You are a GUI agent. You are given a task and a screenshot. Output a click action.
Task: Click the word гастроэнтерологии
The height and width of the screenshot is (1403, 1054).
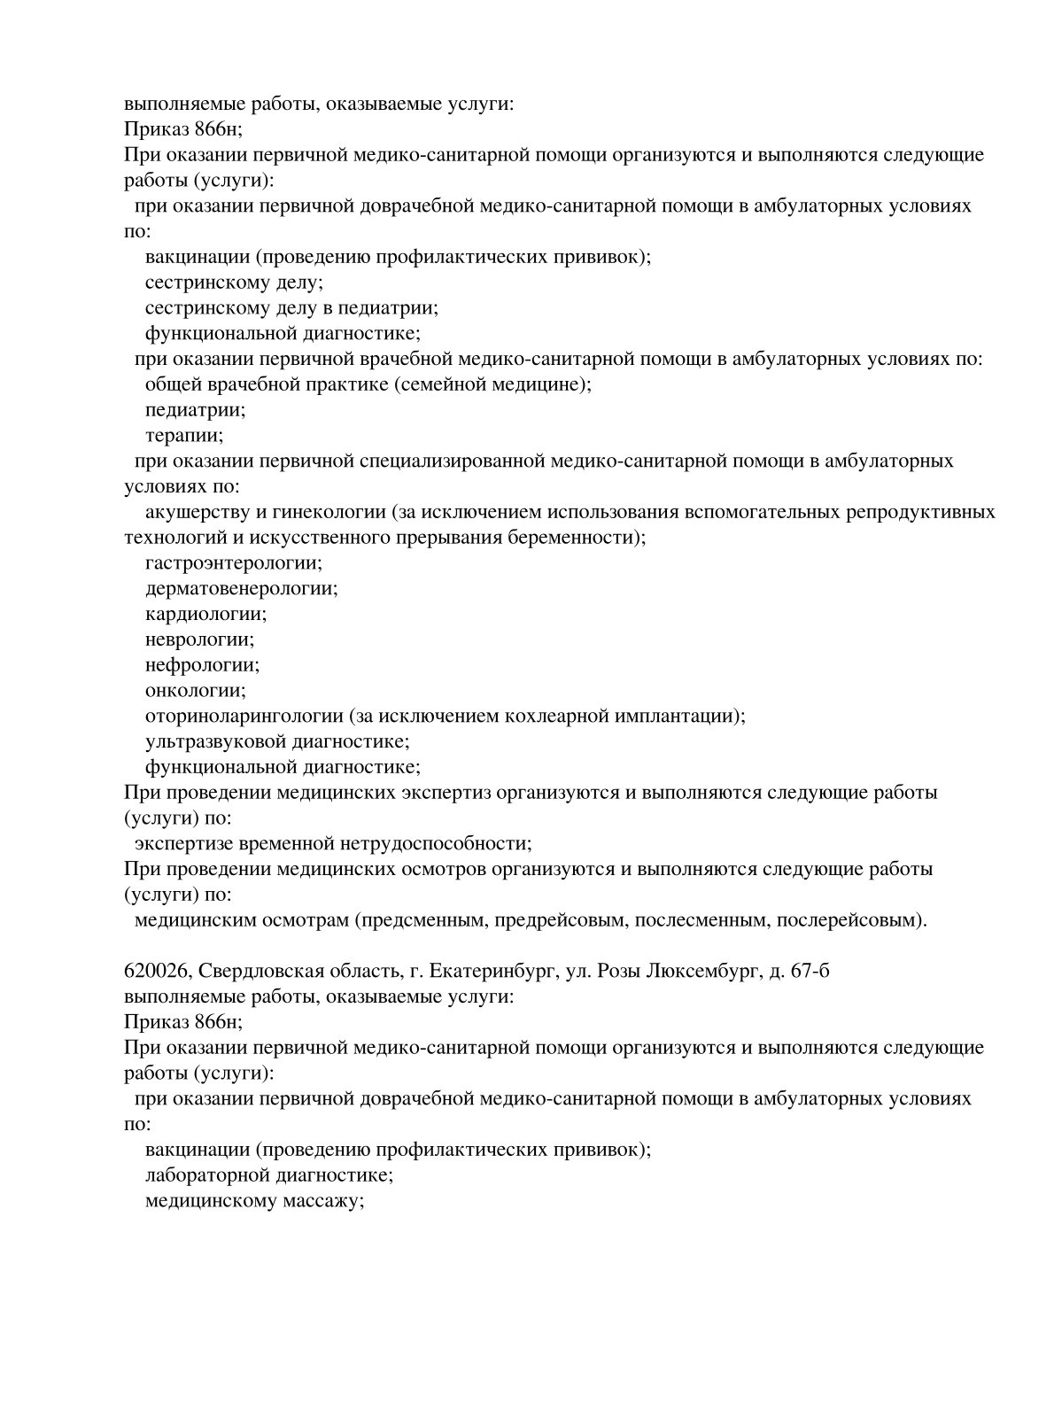pyautogui.click(x=232, y=563)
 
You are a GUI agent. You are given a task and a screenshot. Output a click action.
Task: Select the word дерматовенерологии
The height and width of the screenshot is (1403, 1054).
pyautogui.click(x=240, y=588)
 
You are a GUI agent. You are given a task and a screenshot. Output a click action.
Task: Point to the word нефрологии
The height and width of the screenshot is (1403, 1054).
pyautogui.click(x=202, y=665)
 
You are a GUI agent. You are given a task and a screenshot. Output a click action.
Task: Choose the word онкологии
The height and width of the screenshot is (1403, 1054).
pyautogui.click(x=195, y=691)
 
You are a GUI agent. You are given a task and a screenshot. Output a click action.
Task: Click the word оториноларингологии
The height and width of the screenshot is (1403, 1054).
pyautogui.click(x=244, y=716)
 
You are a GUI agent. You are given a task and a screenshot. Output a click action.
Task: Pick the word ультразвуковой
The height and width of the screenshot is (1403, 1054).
pyautogui.click(x=209, y=741)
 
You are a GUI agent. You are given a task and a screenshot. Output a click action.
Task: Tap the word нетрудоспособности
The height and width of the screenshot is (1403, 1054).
pyautogui.click(x=438, y=843)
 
